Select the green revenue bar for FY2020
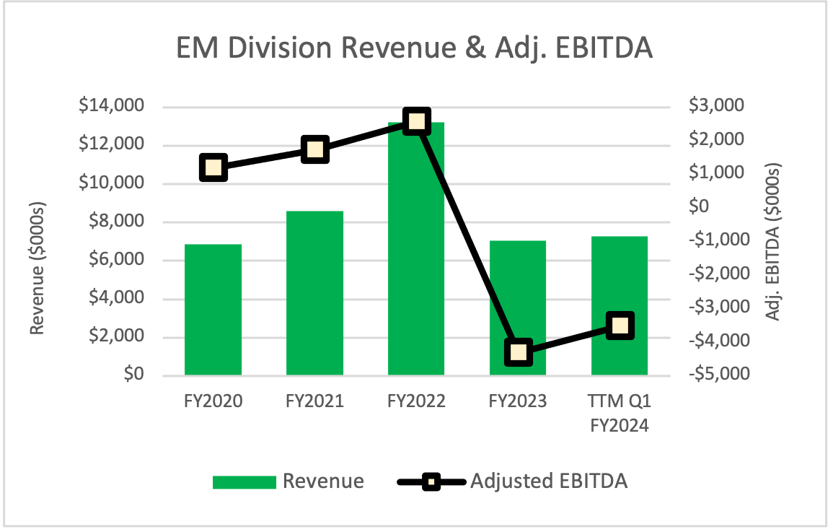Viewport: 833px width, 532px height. point(213,310)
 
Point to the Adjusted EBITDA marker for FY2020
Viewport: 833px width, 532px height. point(213,168)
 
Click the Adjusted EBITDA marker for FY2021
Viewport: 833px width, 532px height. point(315,149)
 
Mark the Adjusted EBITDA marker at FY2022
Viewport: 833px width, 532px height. point(417,121)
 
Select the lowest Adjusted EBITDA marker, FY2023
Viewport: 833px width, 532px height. point(519,353)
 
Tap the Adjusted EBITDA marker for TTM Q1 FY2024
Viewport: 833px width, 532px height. point(620,326)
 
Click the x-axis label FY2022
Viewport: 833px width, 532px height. point(416,401)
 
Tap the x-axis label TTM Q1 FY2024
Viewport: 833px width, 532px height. point(620,413)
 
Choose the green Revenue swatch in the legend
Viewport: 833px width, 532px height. point(244,481)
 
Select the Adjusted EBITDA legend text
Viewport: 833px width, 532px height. point(548,481)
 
